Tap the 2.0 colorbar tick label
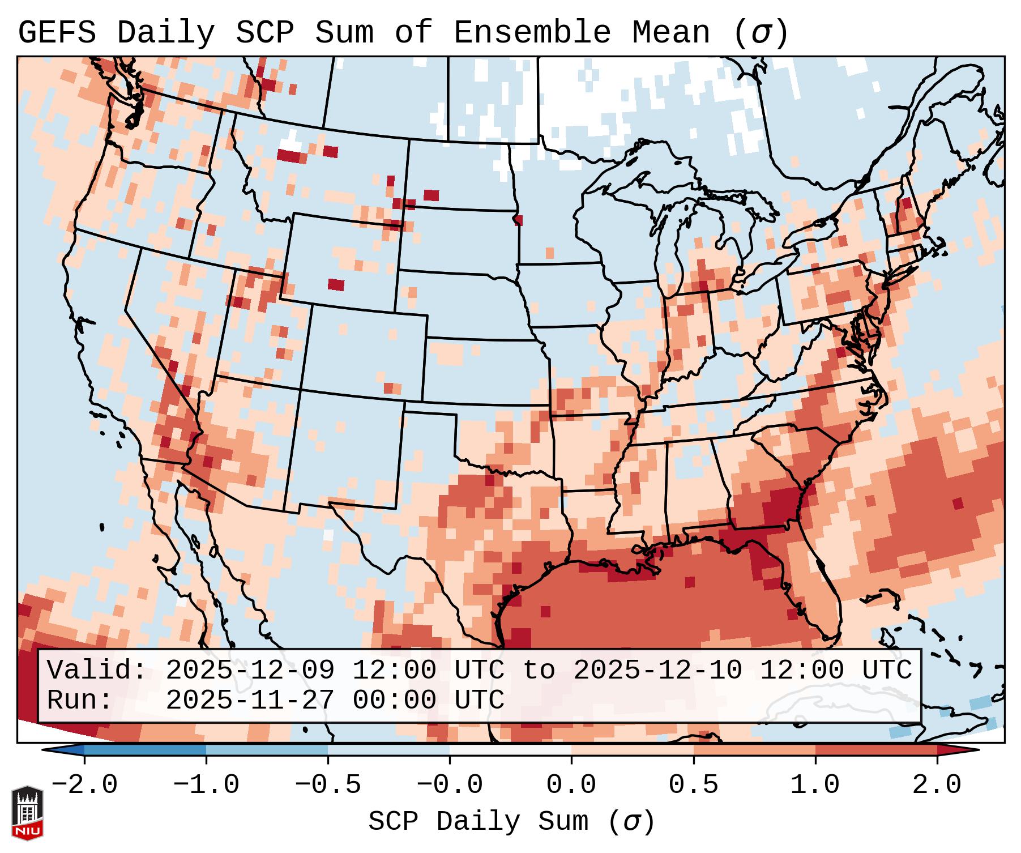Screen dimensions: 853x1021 click(x=937, y=785)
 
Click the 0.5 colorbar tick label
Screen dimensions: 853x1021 click(x=694, y=785)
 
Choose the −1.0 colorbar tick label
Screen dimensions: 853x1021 click(x=206, y=785)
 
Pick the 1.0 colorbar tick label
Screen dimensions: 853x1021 click(x=815, y=785)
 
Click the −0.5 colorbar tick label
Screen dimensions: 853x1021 click(x=328, y=785)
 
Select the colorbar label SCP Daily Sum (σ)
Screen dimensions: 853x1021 click(x=511, y=822)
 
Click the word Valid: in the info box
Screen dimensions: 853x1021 click(x=97, y=670)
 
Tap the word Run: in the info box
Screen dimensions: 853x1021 click(x=80, y=700)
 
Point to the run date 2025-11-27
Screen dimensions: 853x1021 click(x=250, y=700)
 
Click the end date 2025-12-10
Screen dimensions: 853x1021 click(x=657, y=670)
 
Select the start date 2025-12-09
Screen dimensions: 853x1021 click(x=250, y=670)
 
